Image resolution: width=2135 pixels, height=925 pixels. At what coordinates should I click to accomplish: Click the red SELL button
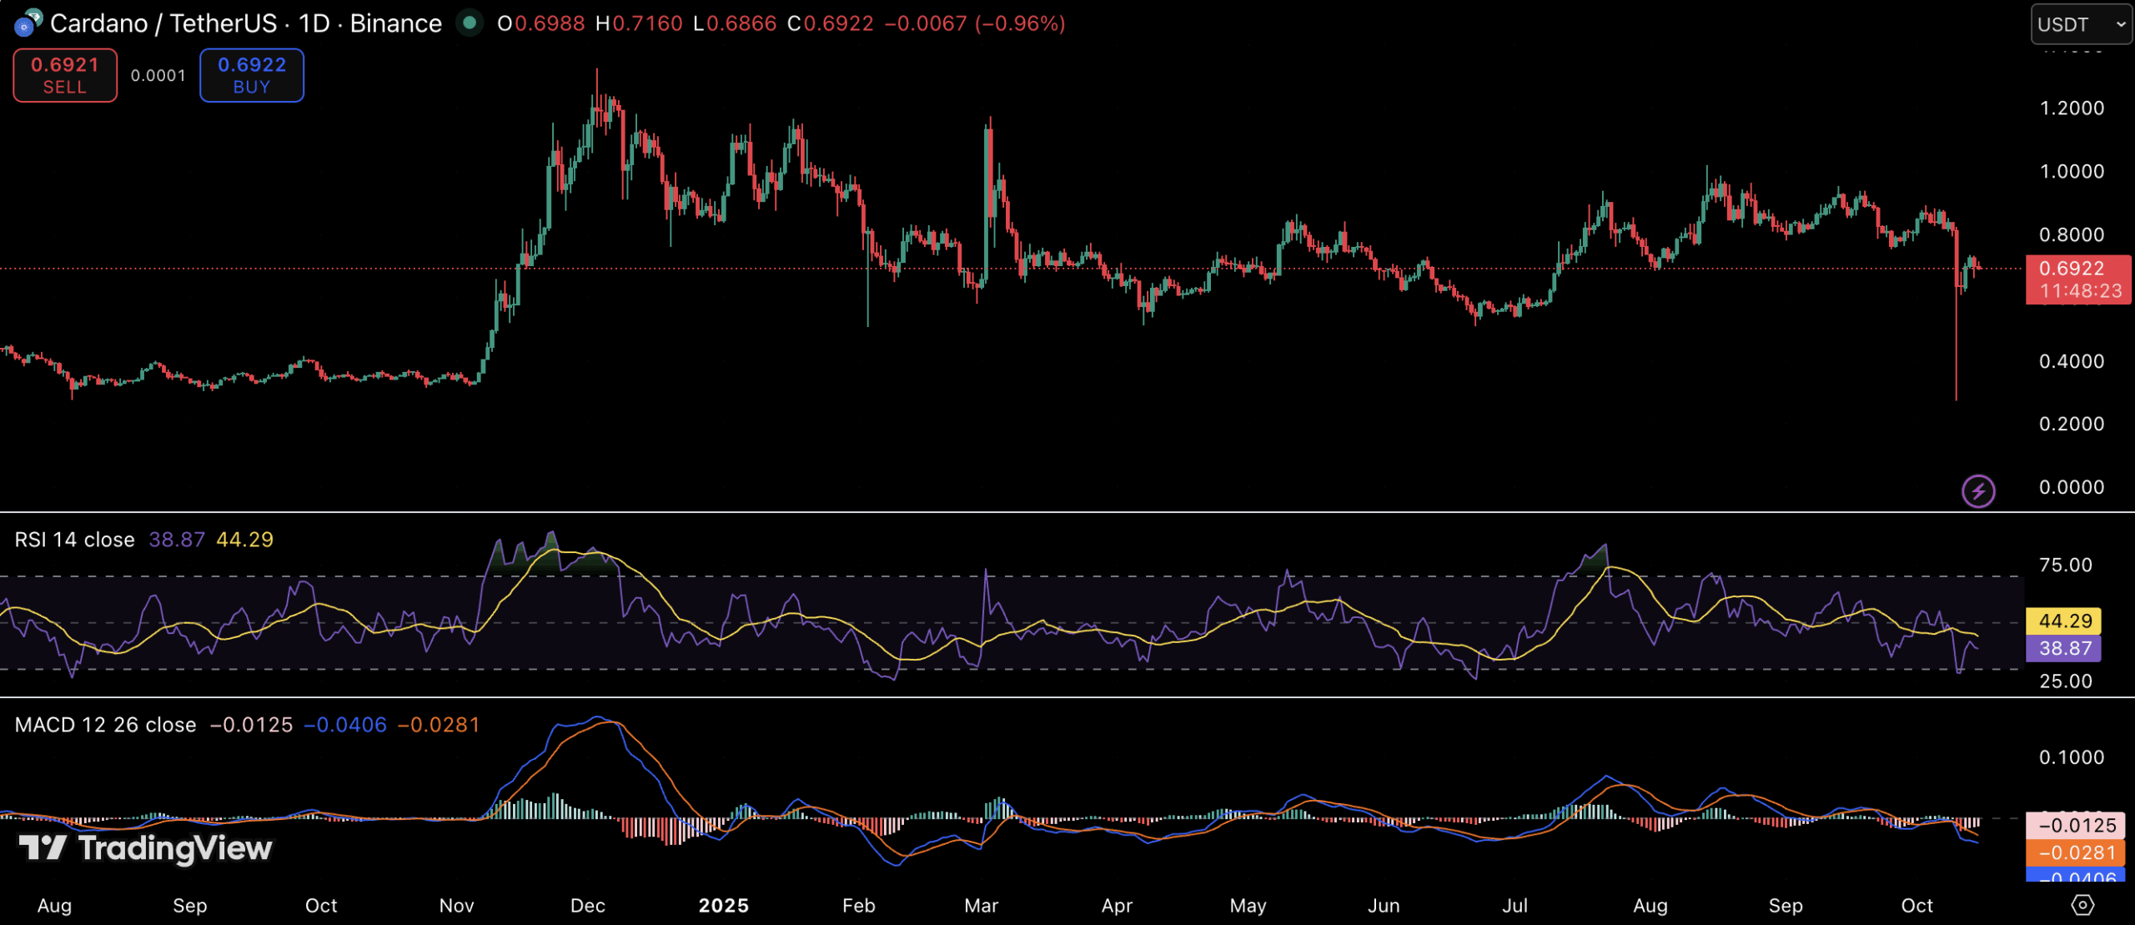[65, 75]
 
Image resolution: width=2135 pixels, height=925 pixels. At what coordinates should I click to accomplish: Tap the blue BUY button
[252, 75]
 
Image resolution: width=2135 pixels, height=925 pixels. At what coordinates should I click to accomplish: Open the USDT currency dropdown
[2081, 24]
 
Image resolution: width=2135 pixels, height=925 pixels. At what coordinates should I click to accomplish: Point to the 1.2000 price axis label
[2072, 108]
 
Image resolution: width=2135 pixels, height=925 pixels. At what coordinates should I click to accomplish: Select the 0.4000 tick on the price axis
[2072, 361]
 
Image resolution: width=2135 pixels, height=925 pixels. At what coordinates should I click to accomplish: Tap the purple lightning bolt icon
[1978, 491]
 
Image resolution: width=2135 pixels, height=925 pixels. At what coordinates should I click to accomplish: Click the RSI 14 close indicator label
[75, 540]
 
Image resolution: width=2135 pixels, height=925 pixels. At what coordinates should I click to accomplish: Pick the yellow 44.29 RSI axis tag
[2065, 621]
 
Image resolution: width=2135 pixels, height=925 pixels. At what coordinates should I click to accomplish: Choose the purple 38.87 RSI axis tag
[2065, 648]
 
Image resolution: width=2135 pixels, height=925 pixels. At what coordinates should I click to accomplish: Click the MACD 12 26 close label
[106, 725]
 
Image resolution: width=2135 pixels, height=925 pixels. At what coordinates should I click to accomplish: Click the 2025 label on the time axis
[723, 906]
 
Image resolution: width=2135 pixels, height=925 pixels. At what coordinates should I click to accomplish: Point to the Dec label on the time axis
[587, 906]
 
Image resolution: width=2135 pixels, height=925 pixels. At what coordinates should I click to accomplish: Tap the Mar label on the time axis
[981, 906]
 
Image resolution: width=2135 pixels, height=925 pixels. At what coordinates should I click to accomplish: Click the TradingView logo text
[175, 848]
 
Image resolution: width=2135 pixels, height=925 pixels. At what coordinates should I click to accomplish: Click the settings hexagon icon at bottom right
[2082, 905]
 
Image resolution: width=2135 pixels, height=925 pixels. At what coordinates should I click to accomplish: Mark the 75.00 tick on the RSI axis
[2065, 565]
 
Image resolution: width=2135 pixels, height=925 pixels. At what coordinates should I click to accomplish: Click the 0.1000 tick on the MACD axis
[2072, 757]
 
